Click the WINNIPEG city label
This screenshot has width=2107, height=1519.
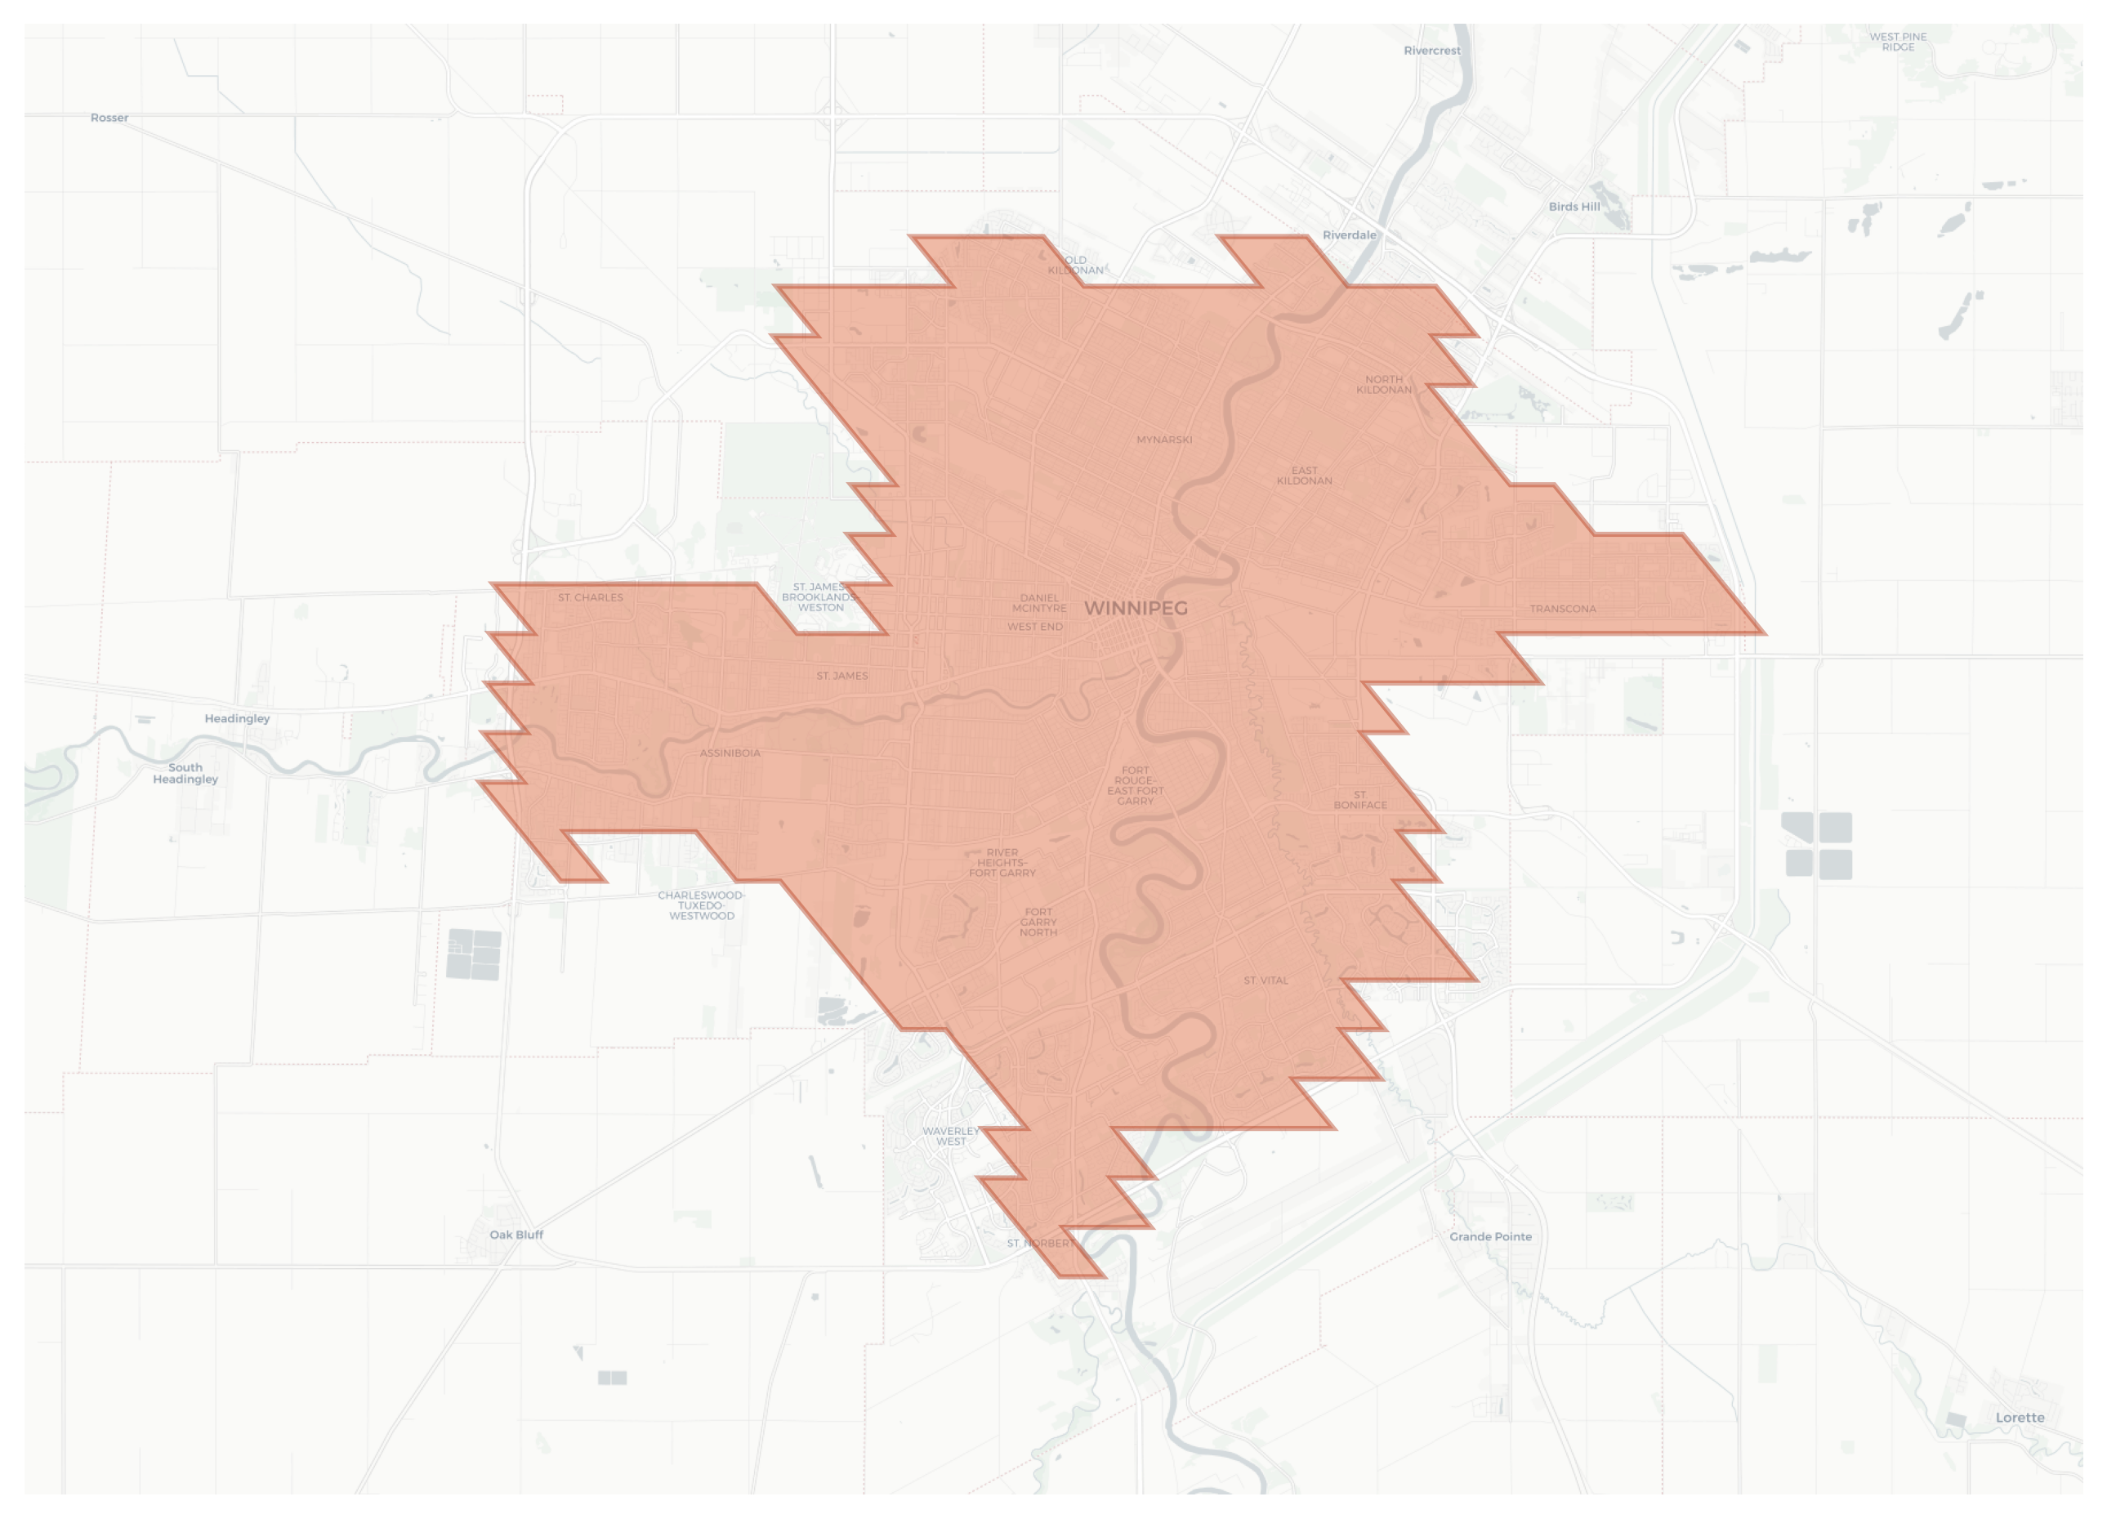(x=1136, y=609)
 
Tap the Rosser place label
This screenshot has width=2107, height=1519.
(x=109, y=118)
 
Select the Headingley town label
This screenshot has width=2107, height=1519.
(x=237, y=718)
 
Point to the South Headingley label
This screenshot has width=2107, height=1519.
(x=185, y=773)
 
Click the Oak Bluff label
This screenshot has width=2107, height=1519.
(x=516, y=1235)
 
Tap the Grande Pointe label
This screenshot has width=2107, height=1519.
(x=1490, y=1236)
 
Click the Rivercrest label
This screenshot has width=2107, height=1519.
(x=1431, y=51)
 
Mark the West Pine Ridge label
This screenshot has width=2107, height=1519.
(x=1898, y=42)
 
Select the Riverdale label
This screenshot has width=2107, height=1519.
(x=1349, y=235)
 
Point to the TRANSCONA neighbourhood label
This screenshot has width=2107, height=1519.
(x=1563, y=610)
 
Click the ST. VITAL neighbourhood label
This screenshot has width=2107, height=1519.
(x=1266, y=981)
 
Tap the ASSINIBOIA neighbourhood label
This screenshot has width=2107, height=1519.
(x=730, y=753)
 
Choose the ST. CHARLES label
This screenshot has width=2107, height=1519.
(x=591, y=597)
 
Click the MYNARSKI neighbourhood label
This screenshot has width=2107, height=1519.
(x=1164, y=440)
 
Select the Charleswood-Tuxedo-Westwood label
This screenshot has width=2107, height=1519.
(x=702, y=906)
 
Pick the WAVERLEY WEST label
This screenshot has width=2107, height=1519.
(x=950, y=1137)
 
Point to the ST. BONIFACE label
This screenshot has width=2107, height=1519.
(x=1360, y=800)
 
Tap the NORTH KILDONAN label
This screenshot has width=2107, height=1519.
(x=1383, y=385)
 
